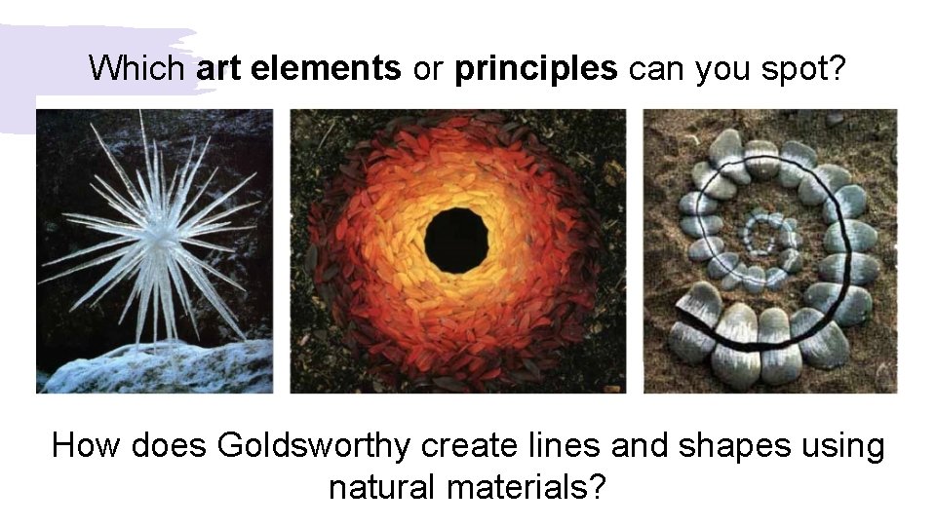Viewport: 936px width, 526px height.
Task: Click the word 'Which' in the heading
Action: pos(136,68)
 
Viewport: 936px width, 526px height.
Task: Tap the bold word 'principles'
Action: pos(535,68)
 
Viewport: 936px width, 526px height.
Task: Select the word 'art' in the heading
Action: pos(218,68)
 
